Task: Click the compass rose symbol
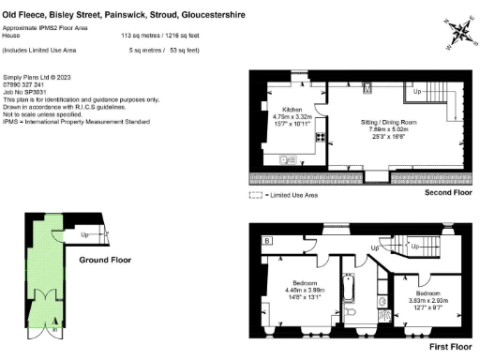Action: [x=460, y=34]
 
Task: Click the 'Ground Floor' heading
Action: [x=104, y=260]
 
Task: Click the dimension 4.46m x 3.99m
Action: [x=307, y=290]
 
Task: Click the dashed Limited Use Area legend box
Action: [x=255, y=195]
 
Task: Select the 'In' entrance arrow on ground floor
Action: [x=54, y=330]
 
